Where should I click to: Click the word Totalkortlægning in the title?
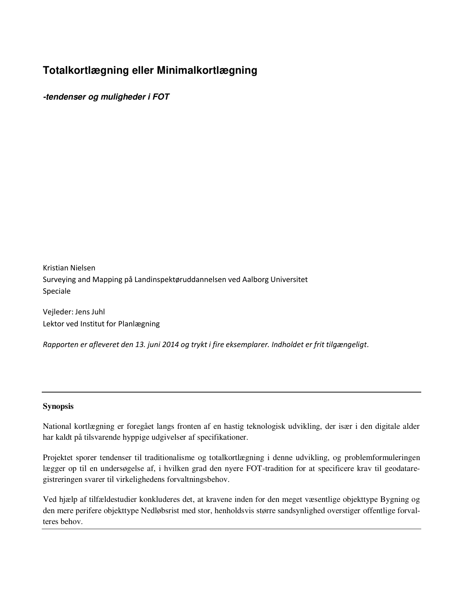[x=84, y=70]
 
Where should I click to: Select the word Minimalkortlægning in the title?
[x=207, y=70]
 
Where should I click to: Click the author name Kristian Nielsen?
[x=69, y=268]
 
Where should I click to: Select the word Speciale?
[x=57, y=291]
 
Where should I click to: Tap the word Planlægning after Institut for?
[x=139, y=323]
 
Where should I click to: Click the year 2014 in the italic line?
[x=171, y=345]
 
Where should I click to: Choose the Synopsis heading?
[x=58, y=406]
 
